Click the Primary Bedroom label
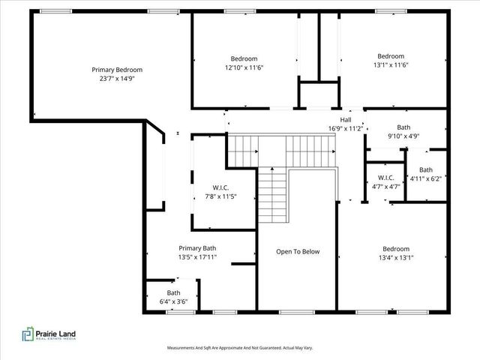[117, 70]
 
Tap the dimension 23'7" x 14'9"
[117, 79]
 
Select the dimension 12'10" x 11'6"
[244, 67]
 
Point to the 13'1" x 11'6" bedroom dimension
[391, 65]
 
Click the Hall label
[346, 120]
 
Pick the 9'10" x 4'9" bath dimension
[403, 136]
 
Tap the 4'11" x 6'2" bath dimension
[426, 178]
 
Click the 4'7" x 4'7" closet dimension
[386, 187]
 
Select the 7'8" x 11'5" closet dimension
[220, 196]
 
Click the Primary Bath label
[197, 248]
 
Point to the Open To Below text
[298, 252]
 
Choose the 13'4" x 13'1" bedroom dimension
[396, 258]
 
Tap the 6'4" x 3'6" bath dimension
[173, 301]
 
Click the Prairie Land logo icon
[28, 334]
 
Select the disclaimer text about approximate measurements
[240, 348]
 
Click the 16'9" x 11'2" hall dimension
[346, 128]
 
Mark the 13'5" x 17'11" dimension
[197, 257]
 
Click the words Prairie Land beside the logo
[55, 334]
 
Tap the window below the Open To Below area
[297, 312]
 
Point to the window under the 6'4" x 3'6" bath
[181, 312]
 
